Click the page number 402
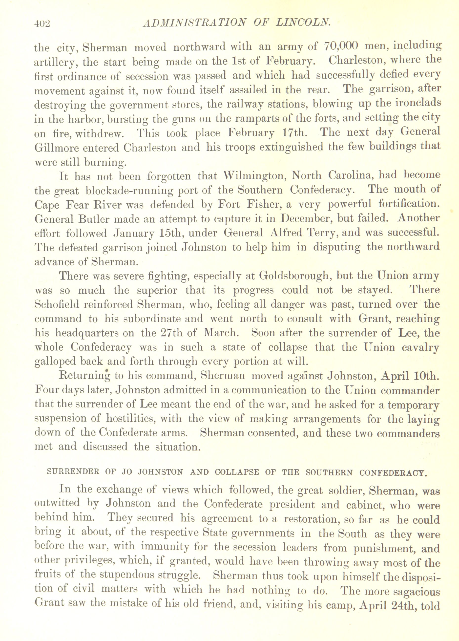(42, 23)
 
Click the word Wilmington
(253, 176)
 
